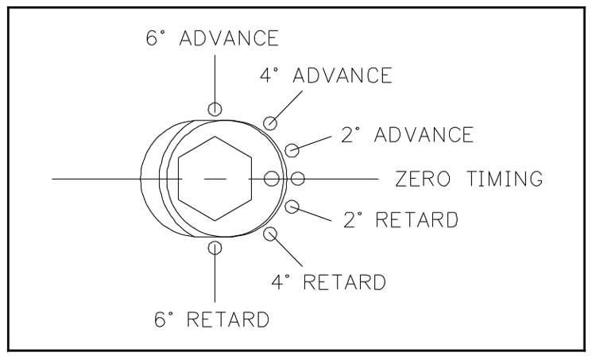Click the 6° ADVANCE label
point(212,38)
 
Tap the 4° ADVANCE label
point(326,75)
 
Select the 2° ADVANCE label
point(407,134)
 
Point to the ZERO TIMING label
point(469,179)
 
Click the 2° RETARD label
point(401,219)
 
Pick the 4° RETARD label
point(328,281)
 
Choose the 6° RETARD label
point(211,319)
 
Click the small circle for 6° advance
point(215,109)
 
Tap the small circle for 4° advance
point(270,123)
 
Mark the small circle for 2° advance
point(292,150)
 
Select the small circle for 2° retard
point(292,207)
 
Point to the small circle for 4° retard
point(270,234)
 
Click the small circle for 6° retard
point(215,248)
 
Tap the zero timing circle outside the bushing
point(298,178)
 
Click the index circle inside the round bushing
point(272,178)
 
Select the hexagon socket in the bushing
point(215,178)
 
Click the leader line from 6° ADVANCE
point(215,79)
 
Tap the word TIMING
point(505,179)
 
